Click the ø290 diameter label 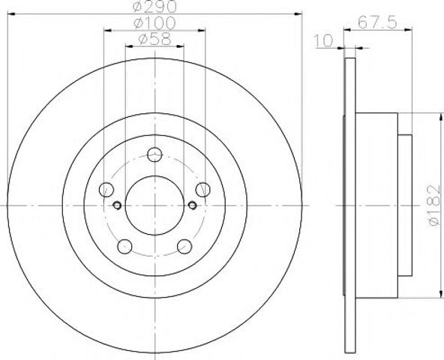tap(155, 6)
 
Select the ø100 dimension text tap(154, 23)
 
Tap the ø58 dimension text tap(155, 39)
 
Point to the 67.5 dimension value tap(377, 22)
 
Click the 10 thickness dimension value tap(324, 40)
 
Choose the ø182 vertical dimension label tap(435, 205)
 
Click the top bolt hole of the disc tap(154, 154)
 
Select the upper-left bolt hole tap(106, 190)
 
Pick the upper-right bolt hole tap(203, 190)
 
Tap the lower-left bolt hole tap(124, 247)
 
